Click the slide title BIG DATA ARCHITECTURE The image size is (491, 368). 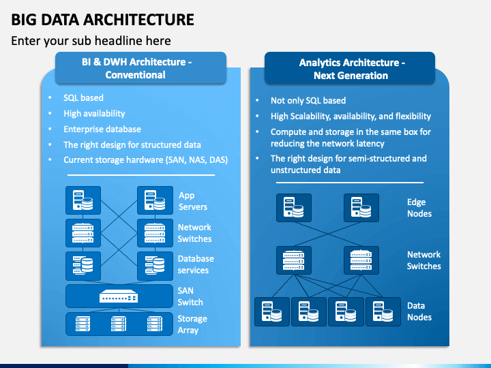click(103, 19)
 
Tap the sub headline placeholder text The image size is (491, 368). click(91, 41)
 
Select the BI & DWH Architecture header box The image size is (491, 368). click(140, 68)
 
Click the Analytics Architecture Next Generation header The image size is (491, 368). click(350, 69)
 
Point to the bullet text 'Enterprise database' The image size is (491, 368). click(102, 129)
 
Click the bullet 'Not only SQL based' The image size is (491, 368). click(308, 100)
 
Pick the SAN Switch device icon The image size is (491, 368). click(119, 296)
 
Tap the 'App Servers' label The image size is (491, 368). click(193, 201)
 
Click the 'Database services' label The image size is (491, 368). click(196, 264)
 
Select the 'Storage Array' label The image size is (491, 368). click(192, 324)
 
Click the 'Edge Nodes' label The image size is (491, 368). click(419, 208)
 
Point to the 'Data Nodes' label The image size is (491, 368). click(419, 311)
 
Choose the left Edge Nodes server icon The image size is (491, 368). click(294, 208)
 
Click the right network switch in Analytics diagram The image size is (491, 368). click(361, 260)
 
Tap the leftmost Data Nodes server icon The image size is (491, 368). click(272, 311)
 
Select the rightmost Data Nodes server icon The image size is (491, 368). click(383, 311)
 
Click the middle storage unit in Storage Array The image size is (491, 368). click(119, 324)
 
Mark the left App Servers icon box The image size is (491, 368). click(83, 200)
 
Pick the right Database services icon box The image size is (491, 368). click(155, 266)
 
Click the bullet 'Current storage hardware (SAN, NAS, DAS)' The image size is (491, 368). click(146, 160)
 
